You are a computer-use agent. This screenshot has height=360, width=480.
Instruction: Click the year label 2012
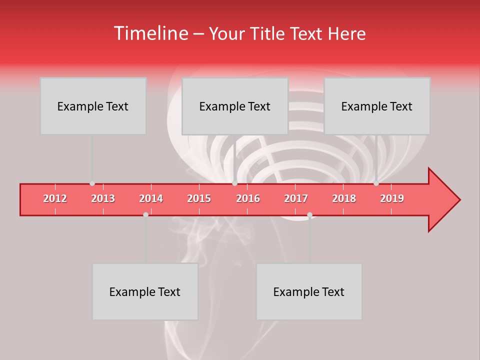pyautogui.click(x=55, y=198)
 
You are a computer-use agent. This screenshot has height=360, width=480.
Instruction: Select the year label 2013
pyautogui.click(x=103, y=198)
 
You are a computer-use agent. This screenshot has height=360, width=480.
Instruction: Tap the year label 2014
pyautogui.click(x=151, y=198)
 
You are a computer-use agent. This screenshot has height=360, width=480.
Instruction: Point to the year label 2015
pyautogui.click(x=199, y=198)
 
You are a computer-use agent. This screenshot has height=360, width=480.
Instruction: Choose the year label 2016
pyautogui.click(x=248, y=198)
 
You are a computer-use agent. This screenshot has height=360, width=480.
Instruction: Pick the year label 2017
pyautogui.click(x=296, y=198)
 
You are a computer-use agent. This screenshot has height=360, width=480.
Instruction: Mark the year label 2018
pyautogui.click(x=344, y=198)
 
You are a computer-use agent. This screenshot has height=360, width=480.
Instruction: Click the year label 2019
pyautogui.click(x=392, y=198)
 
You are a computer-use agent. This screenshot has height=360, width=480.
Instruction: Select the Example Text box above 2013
pyautogui.click(x=93, y=106)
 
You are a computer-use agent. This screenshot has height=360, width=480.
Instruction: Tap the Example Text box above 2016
pyautogui.click(x=235, y=106)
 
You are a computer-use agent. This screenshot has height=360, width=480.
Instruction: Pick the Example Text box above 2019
pyautogui.click(x=377, y=106)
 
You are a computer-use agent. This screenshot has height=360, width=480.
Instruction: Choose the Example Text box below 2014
pyautogui.click(x=145, y=291)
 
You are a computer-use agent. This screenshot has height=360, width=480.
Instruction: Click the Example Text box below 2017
pyautogui.click(x=309, y=291)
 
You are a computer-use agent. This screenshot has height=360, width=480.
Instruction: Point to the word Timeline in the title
pyautogui.click(x=150, y=33)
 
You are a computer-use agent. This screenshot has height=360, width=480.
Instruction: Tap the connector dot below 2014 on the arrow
pyautogui.click(x=145, y=214)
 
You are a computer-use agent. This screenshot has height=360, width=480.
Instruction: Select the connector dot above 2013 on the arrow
pyautogui.click(x=92, y=183)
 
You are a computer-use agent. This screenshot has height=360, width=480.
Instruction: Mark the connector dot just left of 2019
pyautogui.click(x=376, y=183)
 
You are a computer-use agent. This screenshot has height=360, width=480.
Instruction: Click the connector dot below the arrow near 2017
pyautogui.click(x=309, y=214)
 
